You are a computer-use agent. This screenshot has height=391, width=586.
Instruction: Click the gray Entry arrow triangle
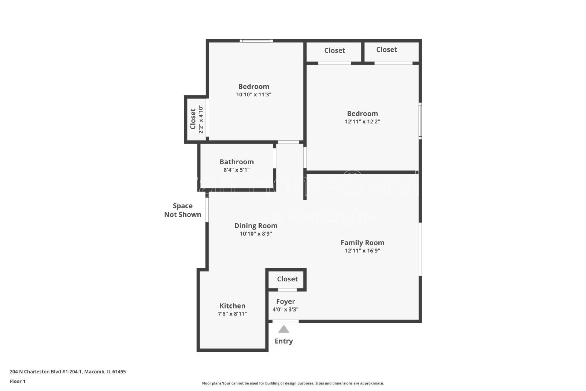pos(283,329)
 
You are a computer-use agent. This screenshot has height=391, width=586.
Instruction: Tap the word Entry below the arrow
pos(283,341)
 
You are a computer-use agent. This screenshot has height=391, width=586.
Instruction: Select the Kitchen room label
pos(232,306)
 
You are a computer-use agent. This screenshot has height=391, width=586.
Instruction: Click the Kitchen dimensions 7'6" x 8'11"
pos(232,314)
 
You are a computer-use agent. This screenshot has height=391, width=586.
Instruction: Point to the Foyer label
pos(285,301)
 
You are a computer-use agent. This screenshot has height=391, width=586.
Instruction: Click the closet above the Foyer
pos(287,279)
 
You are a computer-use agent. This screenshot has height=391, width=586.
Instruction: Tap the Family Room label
pos(362,242)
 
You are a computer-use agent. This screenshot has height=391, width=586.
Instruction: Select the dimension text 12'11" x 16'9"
pos(362,251)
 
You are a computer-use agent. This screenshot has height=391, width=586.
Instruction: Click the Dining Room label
pos(256,225)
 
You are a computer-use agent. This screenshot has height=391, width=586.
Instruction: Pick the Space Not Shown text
pos(182,210)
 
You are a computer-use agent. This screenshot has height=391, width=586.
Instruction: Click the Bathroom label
pos(237,162)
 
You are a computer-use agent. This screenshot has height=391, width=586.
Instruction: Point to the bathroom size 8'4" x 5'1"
pos(237,170)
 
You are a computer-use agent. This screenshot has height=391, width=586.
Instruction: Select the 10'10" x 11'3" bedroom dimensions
pos(253,95)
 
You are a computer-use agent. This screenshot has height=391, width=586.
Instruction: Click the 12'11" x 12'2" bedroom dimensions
pos(362,122)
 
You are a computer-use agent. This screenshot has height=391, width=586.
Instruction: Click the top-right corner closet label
pos(386,49)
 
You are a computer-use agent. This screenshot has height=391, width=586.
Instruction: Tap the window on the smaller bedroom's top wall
pos(256,41)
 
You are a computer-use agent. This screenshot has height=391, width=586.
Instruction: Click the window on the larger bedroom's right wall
pos(420,121)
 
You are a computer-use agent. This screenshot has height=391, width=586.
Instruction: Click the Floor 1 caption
pos(18,381)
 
